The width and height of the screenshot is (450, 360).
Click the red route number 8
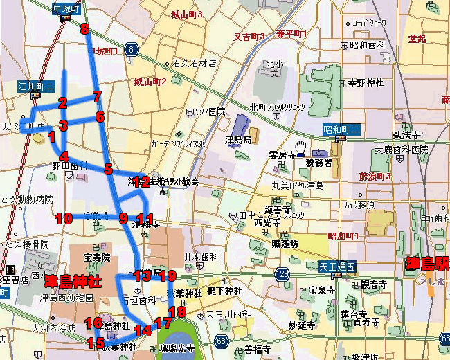[84, 28]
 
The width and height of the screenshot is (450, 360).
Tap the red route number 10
[64, 219]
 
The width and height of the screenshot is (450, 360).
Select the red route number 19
[168, 276]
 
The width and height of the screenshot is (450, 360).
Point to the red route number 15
[96, 342]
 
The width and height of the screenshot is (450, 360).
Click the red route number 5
[108, 169]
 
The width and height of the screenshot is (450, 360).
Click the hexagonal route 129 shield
[282, 275]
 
